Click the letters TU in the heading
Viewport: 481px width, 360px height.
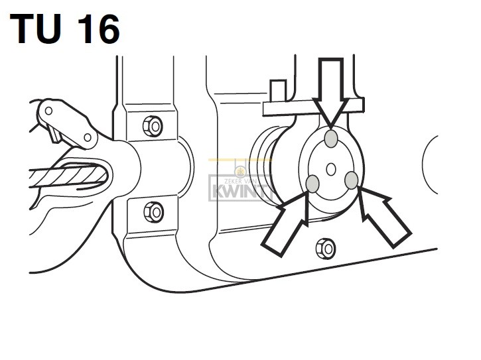36,29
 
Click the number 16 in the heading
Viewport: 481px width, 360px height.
98,29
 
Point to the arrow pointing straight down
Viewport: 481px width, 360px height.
330,92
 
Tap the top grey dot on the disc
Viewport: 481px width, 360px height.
331,139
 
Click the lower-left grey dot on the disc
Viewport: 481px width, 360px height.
312,184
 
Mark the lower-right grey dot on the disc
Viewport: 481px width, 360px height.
351,180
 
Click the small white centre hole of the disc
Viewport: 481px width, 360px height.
331,169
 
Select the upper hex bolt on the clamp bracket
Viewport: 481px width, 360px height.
153,126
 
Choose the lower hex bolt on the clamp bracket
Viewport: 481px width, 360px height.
154,212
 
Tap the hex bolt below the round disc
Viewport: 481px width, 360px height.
326,249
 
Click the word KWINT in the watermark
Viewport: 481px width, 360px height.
240,192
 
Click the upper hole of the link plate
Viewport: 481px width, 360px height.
48,111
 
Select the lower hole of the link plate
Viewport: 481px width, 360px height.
88,137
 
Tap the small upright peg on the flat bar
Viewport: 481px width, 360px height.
278,91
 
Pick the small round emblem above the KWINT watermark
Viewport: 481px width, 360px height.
240,172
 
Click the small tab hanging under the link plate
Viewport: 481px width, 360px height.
56,135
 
